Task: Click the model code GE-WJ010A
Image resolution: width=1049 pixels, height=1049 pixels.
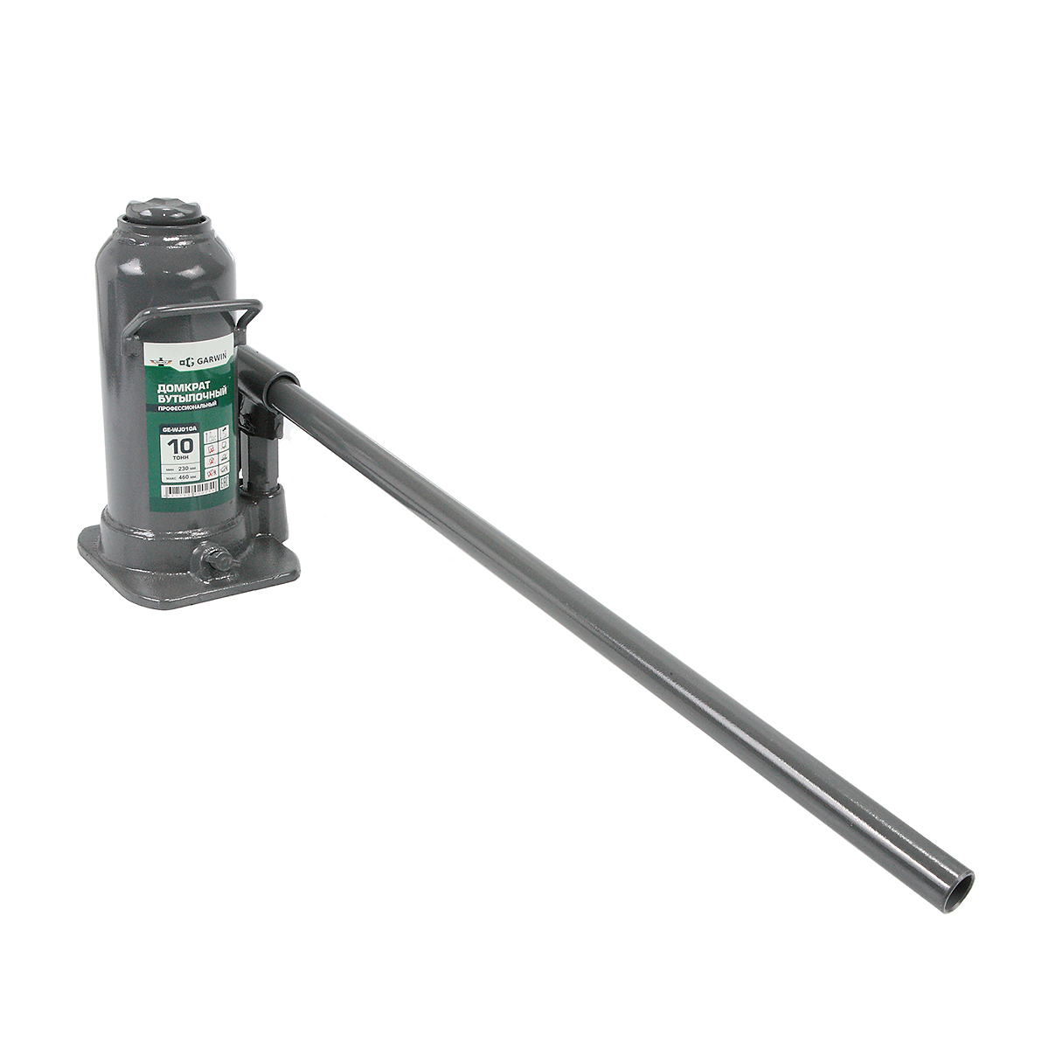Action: click(x=179, y=429)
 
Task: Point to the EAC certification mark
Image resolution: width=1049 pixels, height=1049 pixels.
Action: click(x=224, y=483)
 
